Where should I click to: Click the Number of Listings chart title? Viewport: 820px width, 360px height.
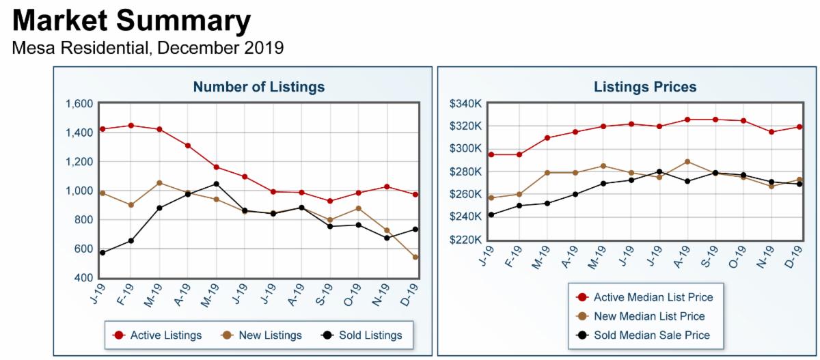[258, 87]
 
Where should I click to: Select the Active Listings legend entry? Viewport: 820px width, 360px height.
[165, 335]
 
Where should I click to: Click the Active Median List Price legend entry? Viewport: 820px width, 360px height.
[654, 297]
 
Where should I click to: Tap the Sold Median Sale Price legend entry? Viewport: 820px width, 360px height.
[652, 335]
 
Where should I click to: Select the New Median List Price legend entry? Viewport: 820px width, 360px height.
[650, 316]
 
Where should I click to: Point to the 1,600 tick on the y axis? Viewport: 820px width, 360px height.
[79, 104]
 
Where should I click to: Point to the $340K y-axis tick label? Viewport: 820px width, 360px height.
[467, 104]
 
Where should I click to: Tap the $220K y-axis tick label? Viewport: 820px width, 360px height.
[467, 240]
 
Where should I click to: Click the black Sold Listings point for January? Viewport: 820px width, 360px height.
[102, 253]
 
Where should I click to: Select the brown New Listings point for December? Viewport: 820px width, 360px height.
[415, 258]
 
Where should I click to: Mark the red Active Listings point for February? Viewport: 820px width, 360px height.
[131, 126]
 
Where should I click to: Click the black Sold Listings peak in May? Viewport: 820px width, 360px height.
[216, 184]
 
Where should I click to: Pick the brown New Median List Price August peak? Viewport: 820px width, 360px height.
[687, 162]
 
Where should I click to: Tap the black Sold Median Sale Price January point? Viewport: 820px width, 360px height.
[491, 214]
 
